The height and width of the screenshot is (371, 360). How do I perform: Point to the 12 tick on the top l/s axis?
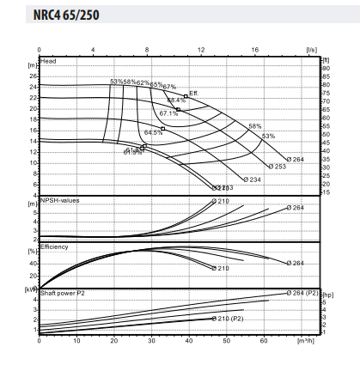pyautogui.click(x=200, y=50)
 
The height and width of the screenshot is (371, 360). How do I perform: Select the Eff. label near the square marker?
pyautogui.click(x=195, y=92)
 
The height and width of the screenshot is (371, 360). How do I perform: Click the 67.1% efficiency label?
pyautogui.click(x=168, y=113)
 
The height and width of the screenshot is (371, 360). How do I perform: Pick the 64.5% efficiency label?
pyautogui.click(x=153, y=132)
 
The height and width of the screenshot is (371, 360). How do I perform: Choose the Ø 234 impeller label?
pyautogui.click(x=252, y=179)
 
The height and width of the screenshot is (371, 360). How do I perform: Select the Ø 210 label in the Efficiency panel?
pyautogui.click(x=220, y=268)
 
